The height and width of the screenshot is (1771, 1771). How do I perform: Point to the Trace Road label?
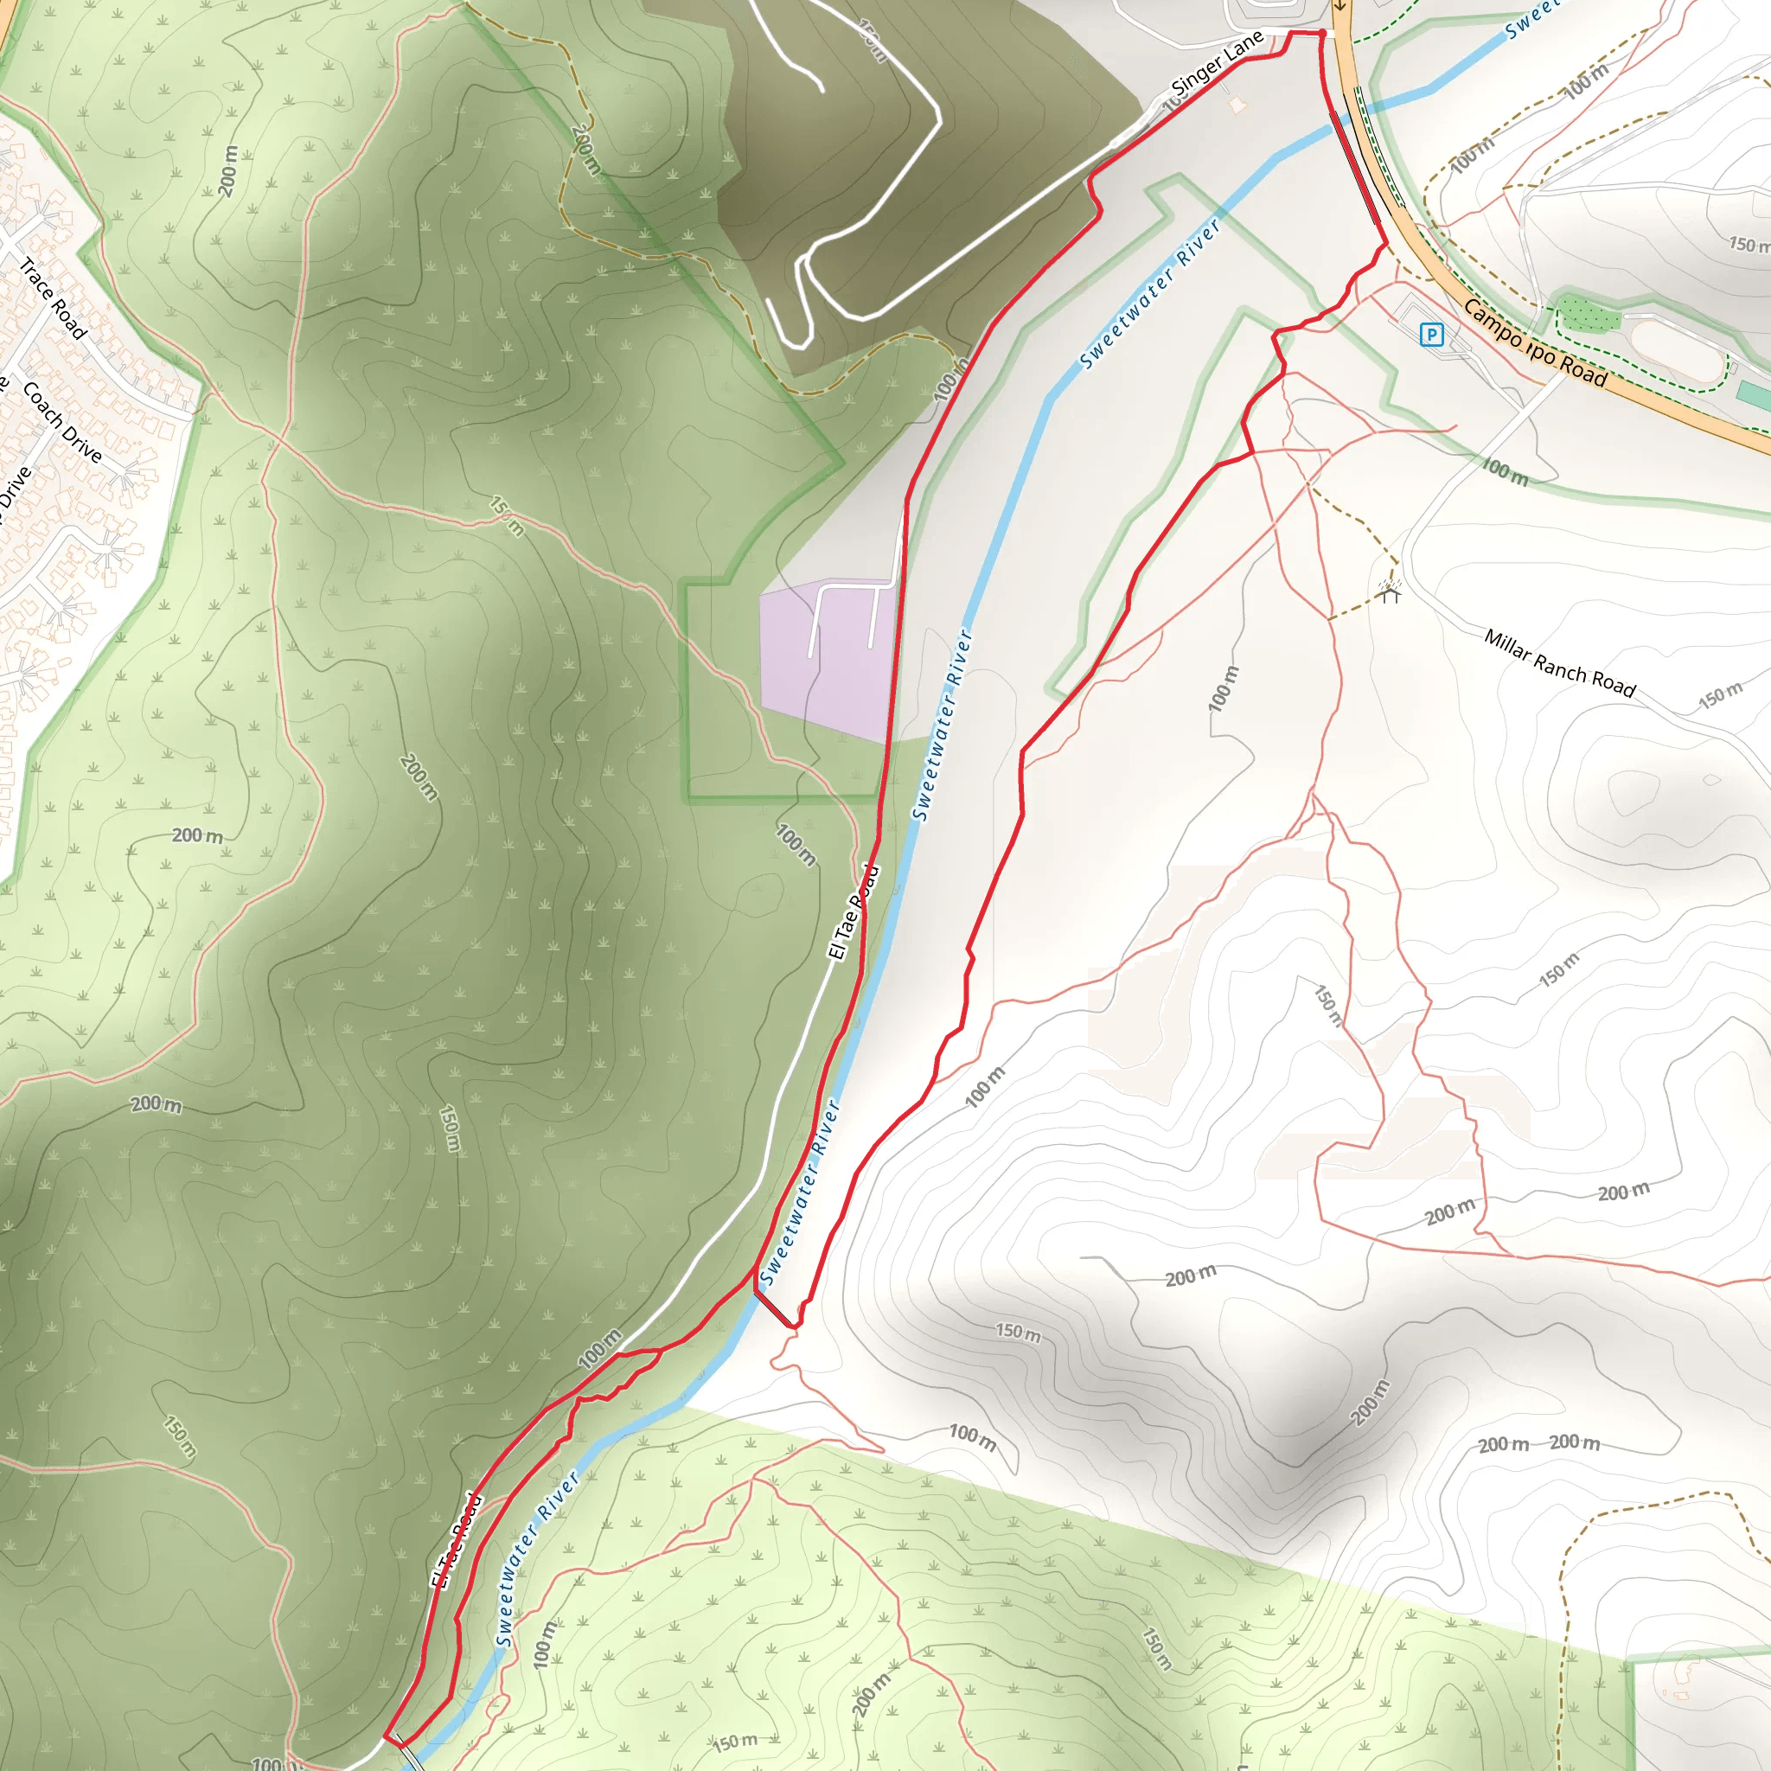pos(53,298)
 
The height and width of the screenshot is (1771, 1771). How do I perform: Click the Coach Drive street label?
pos(62,422)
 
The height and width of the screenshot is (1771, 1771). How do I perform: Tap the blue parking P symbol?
pos(1431,335)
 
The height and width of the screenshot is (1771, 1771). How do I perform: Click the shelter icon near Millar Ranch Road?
pos(1391,591)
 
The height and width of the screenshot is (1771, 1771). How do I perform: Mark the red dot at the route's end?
pos(1322,34)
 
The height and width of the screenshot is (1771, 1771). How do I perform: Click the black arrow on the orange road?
pos(1339,5)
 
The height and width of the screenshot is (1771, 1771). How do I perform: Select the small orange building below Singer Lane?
pos(1237,105)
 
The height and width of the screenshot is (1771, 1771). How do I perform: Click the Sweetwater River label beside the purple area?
pos(942,724)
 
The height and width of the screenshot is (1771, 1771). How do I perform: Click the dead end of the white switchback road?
pos(822,90)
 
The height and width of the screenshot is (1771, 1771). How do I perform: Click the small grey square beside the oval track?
pos(1732,370)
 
